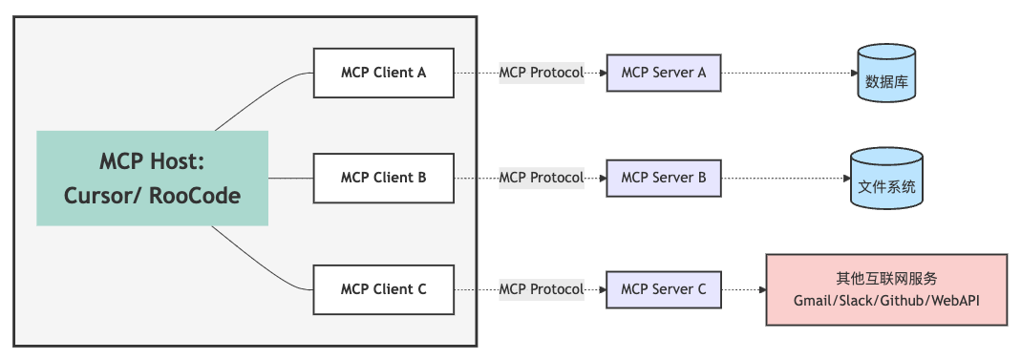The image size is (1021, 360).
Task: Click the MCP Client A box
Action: [x=384, y=72]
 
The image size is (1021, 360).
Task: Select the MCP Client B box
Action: [x=384, y=178]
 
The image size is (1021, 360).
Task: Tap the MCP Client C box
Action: [x=384, y=289]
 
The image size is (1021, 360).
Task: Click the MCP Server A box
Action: [x=664, y=72]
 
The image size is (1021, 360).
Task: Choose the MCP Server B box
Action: [x=664, y=178]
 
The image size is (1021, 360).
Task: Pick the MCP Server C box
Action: [x=664, y=289]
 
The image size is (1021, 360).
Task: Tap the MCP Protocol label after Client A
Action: [x=541, y=73]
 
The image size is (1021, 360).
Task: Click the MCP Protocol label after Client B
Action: [x=541, y=178]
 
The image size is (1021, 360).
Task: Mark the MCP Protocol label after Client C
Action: [x=541, y=289]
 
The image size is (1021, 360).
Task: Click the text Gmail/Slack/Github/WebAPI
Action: [x=887, y=300]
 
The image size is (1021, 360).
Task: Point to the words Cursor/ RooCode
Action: [x=152, y=195]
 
